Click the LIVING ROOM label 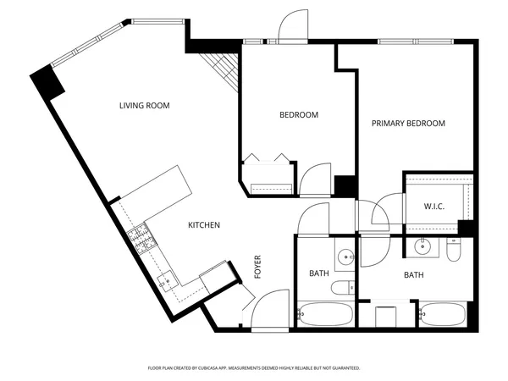point(144,106)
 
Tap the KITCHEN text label point(204,225)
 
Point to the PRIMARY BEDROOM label point(408,124)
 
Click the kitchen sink point(167,278)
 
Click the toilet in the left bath point(342,288)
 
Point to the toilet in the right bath point(454,251)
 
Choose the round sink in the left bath point(345,256)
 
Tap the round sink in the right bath point(423,247)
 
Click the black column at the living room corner point(47,82)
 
